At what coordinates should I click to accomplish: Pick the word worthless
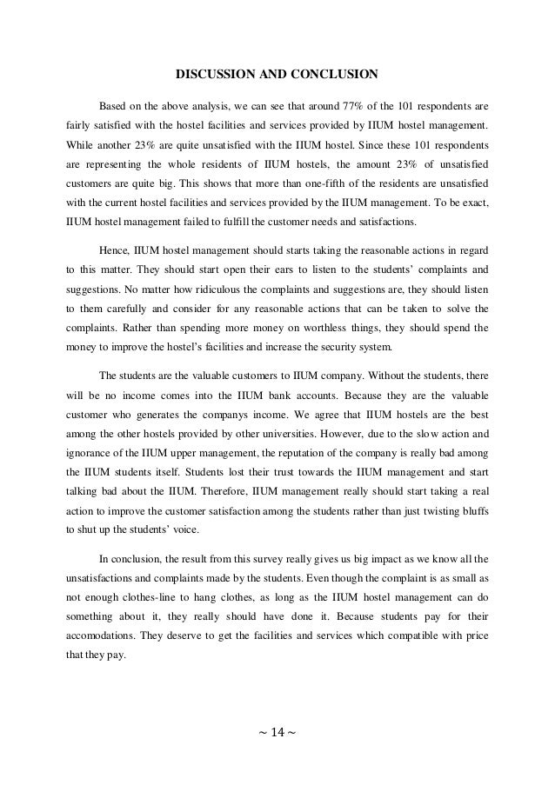[x=280, y=329]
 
